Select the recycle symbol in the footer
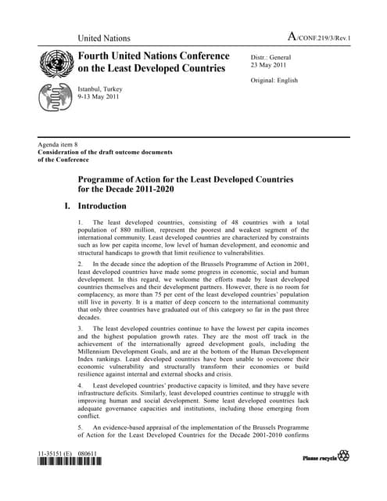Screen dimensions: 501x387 click(x=343, y=456)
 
